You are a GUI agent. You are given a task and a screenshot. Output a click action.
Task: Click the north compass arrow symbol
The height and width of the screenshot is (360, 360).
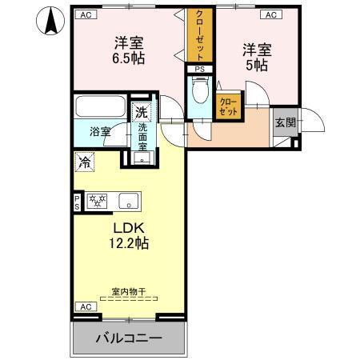(50, 21)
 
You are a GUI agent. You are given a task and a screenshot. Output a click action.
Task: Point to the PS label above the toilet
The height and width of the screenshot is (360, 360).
(199, 70)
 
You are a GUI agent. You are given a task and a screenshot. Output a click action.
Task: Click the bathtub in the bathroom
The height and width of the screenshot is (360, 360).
(101, 106)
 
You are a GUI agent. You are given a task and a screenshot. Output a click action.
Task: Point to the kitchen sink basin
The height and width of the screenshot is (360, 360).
(129, 200)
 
